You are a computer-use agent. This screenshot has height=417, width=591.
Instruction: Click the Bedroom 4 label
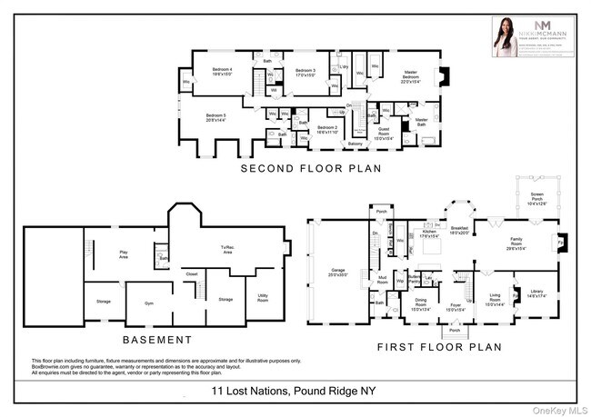pyautogui.click(x=224, y=72)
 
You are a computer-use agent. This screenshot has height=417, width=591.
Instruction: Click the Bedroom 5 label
pyautogui.click(x=215, y=118)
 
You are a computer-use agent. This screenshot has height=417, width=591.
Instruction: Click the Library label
pyautogui.click(x=526, y=292)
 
